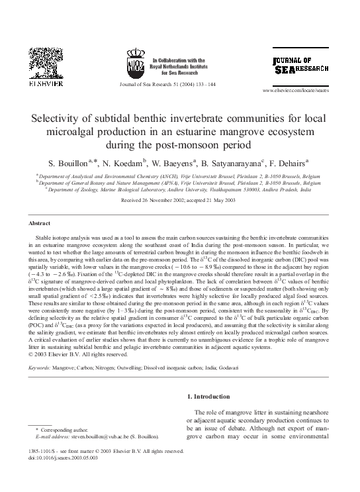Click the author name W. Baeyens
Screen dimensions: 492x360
click(x=165, y=163)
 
